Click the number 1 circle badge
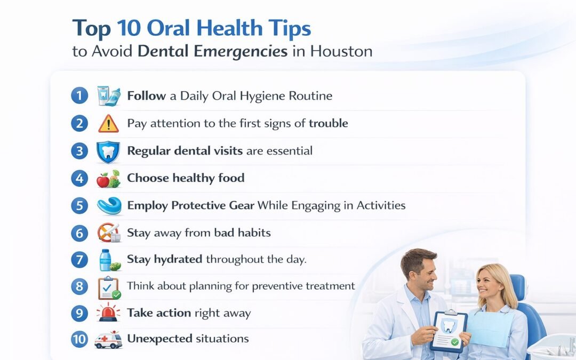[x=79, y=96]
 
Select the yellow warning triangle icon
[x=108, y=124]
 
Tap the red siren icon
[x=109, y=313]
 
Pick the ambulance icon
[x=109, y=340]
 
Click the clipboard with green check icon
[x=109, y=287]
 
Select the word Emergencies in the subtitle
[x=241, y=52]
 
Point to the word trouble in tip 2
[x=329, y=123]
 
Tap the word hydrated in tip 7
[x=178, y=259]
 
